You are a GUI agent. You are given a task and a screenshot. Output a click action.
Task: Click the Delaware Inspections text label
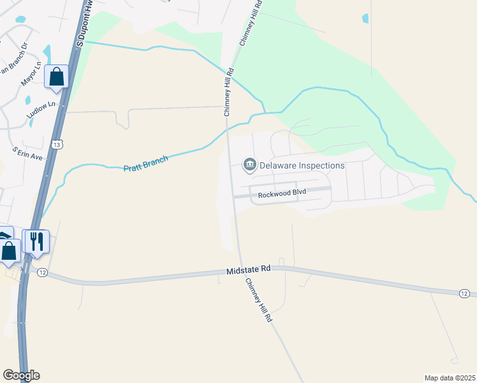point(302,165)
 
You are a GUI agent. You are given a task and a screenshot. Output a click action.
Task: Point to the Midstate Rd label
point(249,271)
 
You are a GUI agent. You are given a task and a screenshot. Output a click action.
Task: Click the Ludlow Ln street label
point(41,104)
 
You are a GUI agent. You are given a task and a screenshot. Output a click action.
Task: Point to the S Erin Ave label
point(27,153)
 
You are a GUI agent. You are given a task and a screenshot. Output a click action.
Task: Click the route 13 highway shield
point(58,145)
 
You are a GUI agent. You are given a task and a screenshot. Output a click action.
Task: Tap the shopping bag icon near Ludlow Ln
point(56,77)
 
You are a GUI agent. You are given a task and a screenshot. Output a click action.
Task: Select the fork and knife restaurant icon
point(36,241)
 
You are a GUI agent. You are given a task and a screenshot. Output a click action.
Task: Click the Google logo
point(21,375)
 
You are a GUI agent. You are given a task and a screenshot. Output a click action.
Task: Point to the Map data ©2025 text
point(450,378)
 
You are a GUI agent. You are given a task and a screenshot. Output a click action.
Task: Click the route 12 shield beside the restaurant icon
point(42,273)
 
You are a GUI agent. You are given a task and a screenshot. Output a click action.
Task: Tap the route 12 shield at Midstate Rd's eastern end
point(464,293)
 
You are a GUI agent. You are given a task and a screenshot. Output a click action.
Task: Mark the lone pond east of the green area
point(365,19)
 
